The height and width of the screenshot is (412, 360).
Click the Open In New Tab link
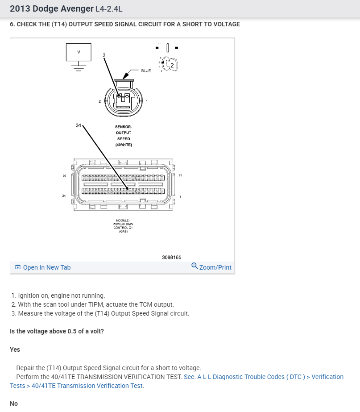(x=43, y=267)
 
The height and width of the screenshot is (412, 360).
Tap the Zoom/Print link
(x=211, y=267)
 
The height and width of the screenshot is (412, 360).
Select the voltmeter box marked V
(x=79, y=52)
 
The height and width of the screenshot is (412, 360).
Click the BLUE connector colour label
(x=146, y=71)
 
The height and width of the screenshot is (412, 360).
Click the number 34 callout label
(x=79, y=125)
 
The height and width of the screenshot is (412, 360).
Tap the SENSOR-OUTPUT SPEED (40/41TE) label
(x=124, y=136)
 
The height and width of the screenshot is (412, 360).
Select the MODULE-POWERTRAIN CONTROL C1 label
(x=124, y=226)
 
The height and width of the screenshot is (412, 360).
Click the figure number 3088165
(x=172, y=257)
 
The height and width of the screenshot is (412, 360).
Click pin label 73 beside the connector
(x=180, y=175)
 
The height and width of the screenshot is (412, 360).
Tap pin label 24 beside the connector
(x=64, y=196)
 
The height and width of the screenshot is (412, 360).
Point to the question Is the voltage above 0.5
(x=57, y=331)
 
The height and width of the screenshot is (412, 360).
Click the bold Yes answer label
(x=15, y=350)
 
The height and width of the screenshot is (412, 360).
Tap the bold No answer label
(x=14, y=404)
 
